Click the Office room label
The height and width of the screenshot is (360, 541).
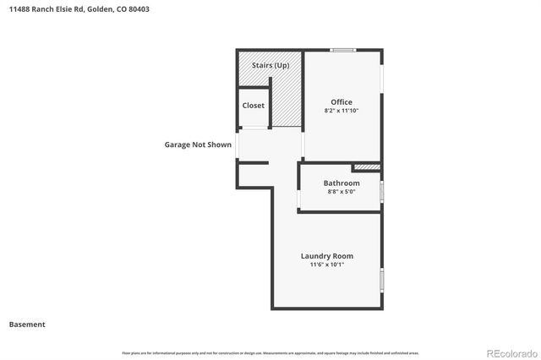pos(342,102)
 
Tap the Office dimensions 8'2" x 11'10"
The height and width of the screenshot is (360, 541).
pos(342,111)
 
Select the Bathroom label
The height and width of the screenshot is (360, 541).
pos(342,183)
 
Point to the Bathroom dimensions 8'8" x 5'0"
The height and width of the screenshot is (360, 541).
pos(342,192)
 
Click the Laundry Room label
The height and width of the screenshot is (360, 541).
pos(327,256)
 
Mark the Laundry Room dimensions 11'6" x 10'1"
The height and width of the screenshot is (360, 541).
pos(327,265)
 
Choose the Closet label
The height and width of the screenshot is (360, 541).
pos(253,106)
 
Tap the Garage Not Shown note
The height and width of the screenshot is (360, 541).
pos(198,145)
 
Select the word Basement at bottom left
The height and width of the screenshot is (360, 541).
pos(27,325)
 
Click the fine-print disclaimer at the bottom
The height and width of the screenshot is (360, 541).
pos(270,352)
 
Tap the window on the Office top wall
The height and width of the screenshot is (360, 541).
pos(342,50)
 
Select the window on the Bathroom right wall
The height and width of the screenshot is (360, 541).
pos(381,191)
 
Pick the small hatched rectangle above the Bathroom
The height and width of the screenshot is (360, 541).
pos(365,167)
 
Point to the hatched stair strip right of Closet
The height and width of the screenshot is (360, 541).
pos(287,101)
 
